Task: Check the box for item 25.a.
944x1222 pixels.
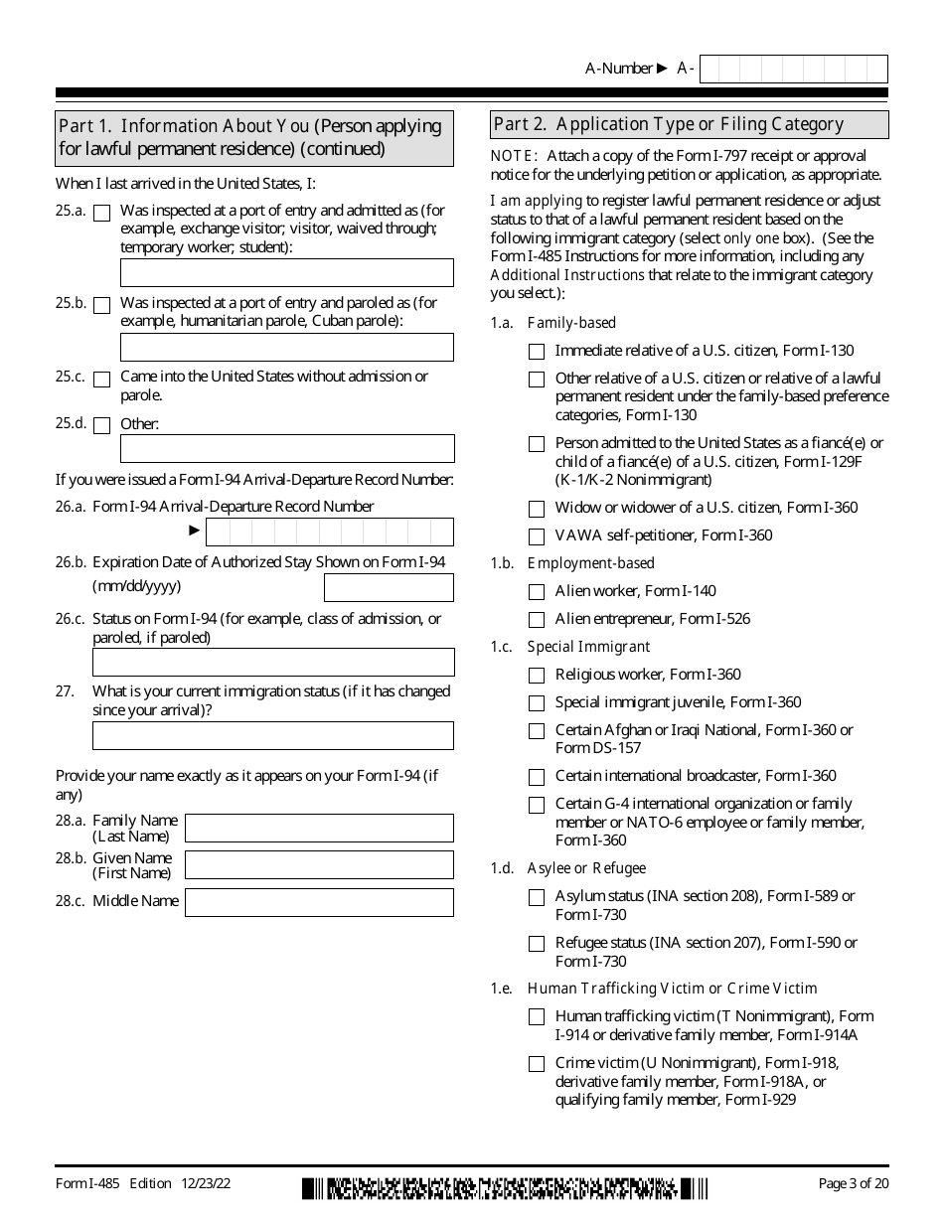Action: (101, 213)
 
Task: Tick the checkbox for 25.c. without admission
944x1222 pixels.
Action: (101, 380)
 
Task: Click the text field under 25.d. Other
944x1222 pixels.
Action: (286, 448)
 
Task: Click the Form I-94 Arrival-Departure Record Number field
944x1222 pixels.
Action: (328, 532)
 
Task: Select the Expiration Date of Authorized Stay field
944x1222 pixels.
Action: (389, 587)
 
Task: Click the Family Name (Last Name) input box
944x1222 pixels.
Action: (319, 828)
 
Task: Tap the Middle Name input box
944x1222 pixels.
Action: (319, 902)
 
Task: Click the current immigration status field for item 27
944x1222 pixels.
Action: (273, 735)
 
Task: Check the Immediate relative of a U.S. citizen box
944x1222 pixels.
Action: (537, 352)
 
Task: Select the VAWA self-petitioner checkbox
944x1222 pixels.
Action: (537, 536)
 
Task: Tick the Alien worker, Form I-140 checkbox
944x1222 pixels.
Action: (537, 592)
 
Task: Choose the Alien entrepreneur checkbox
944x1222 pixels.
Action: (537, 620)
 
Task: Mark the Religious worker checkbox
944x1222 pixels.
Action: (537, 676)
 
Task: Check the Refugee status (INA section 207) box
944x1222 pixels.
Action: (537, 944)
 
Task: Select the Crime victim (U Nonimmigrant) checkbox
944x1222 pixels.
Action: (537, 1064)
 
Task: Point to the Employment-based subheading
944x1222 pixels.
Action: (591, 563)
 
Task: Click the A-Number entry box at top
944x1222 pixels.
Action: (793, 69)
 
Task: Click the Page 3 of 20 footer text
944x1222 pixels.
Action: (853, 1183)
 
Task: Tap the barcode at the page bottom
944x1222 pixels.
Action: (505, 1188)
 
